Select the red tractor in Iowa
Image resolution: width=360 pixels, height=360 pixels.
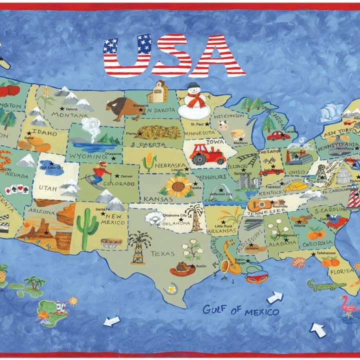(206, 153)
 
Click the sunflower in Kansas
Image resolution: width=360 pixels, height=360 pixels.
(178, 186)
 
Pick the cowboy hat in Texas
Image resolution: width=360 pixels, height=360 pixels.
(182, 269)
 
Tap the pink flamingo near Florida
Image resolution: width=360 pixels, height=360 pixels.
(346, 304)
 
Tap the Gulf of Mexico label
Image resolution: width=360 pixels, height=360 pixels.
(240, 310)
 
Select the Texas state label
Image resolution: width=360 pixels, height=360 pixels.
(163, 253)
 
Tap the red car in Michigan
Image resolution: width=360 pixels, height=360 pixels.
(278, 135)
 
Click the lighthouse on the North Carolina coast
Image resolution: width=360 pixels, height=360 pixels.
(353, 196)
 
